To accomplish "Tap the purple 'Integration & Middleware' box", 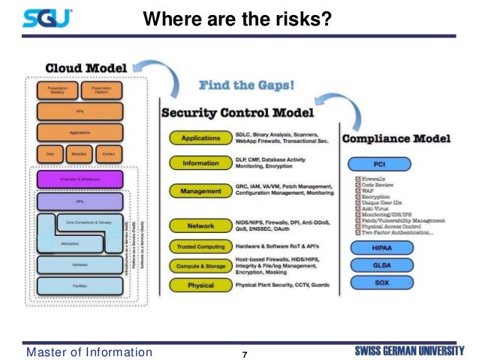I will click(x=80, y=180).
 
